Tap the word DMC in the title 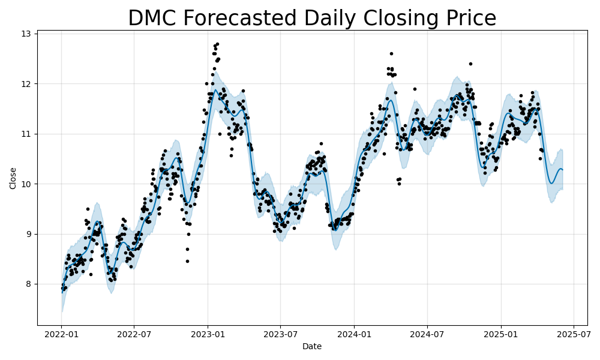[x=152, y=19]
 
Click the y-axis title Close [x=13, y=178]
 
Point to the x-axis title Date [x=312, y=346]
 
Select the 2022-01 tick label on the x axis [x=62, y=334]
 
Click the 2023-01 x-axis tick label [x=208, y=334]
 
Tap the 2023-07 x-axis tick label [x=280, y=334]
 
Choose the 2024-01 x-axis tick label [x=354, y=334]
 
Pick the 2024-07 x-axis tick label [x=427, y=334]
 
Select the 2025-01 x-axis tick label [x=500, y=334]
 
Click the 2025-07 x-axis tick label [x=573, y=334]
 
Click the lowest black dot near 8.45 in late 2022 [x=187, y=261]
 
